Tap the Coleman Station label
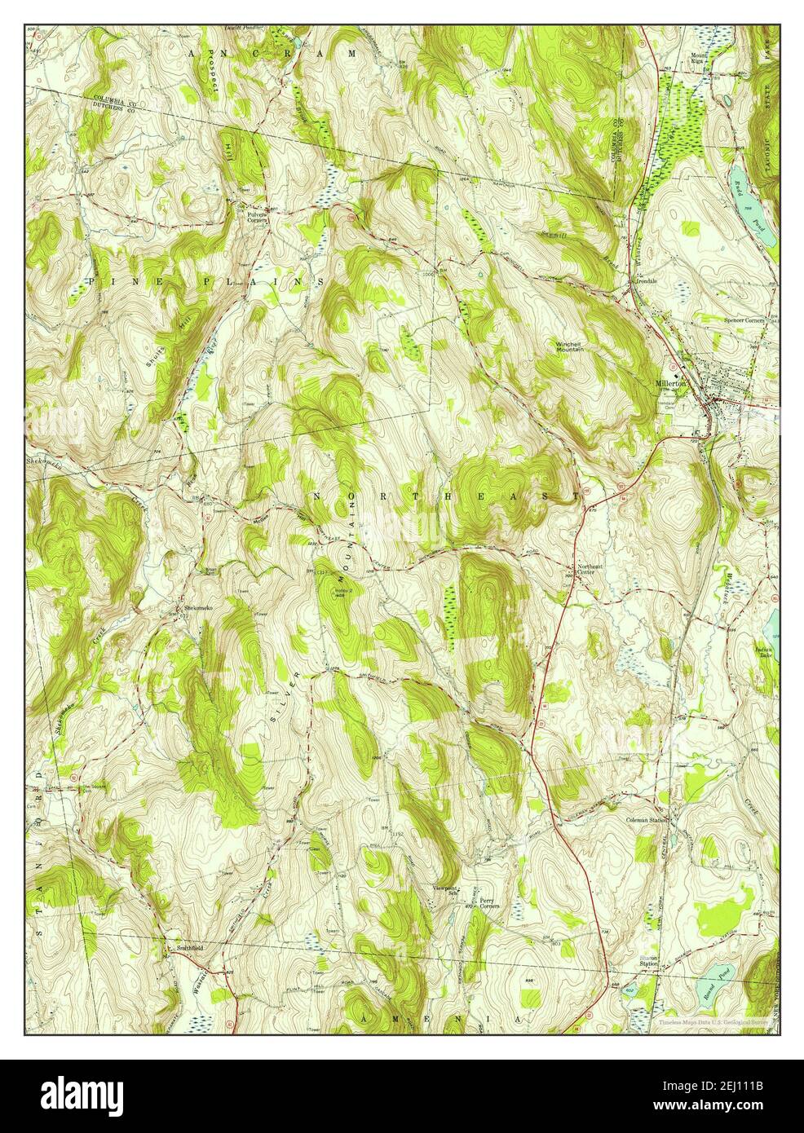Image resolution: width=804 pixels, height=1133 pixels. coord(647,820)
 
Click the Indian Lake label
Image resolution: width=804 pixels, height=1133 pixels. coord(765,651)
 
